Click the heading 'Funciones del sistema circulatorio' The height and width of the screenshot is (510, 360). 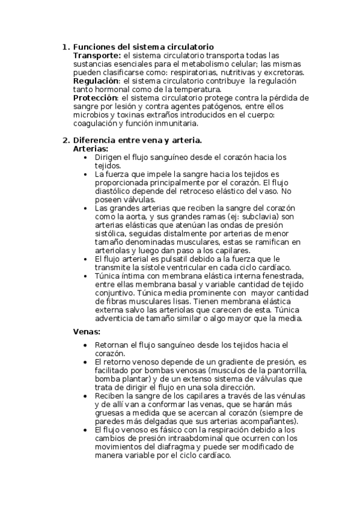click(143, 47)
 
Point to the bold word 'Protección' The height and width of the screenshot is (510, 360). click(95, 97)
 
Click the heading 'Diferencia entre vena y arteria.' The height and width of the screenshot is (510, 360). click(137, 140)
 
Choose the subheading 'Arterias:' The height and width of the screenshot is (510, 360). click(90, 148)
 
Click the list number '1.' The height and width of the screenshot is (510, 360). click(66, 47)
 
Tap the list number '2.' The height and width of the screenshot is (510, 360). click(66, 140)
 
